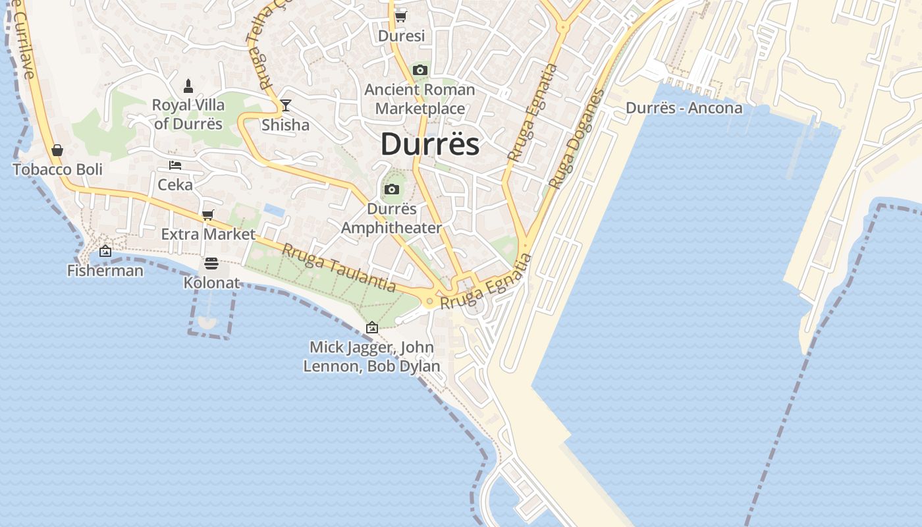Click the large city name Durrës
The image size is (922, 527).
coord(430,144)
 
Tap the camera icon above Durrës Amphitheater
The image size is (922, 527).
coord(392,190)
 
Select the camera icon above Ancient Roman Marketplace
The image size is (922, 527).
coord(420,70)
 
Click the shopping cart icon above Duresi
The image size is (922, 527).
coord(400,16)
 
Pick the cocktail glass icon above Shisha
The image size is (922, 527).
coord(285,105)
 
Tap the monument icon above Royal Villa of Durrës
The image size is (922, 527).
coord(188,86)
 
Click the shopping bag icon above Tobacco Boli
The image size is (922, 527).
coord(57,150)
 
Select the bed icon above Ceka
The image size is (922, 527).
coord(175,165)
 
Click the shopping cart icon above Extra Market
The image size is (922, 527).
coord(208,215)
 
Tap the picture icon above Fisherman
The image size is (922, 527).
coord(105,251)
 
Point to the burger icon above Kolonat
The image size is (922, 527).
coord(211,263)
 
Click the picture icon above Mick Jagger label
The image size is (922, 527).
coord(372,327)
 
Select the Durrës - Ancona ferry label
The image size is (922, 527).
coord(684,108)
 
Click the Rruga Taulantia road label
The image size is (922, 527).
coord(339,268)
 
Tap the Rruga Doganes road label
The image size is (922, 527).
coord(577,138)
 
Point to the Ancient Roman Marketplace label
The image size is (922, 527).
coord(420,99)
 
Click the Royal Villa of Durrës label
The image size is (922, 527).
coord(188,114)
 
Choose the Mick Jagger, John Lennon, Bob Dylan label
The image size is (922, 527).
coord(372,356)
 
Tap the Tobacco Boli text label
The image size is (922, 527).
coord(58,169)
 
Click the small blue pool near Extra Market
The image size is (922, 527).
coord(274,210)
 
